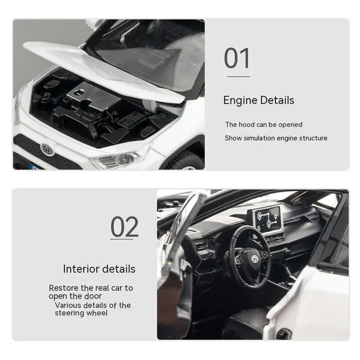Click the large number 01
(x=237, y=59)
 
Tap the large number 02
(x=125, y=227)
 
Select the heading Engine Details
(x=259, y=100)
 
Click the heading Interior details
(x=99, y=269)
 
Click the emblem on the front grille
(x=47, y=149)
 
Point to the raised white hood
(x=99, y=67)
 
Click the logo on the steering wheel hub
(x=248, y=257)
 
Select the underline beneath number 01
(x=238, y=77)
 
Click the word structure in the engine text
(x=312, y=138)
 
